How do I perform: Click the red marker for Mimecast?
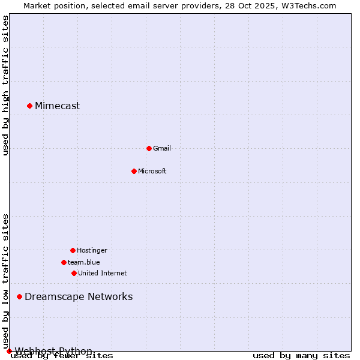click(29, 106)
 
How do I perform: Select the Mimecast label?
click(57, 106)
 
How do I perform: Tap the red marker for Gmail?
click(149, 148)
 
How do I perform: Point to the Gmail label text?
click(162, 148)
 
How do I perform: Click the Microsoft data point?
click(134, 171)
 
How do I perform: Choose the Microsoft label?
click(152, 171)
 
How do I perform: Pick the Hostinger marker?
click(73, 250)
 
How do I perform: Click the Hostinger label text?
click(92, 250)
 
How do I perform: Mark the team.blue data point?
click(64, 262)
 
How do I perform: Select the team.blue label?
click(84, 262)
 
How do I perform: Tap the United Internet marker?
click(74, 273)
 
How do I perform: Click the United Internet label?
click(102, 273)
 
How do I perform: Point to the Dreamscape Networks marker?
click(19, 296)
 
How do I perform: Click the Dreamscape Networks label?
click(79, 296)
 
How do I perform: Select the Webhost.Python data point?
click(9, 351)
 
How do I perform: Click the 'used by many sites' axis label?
click(301, 356)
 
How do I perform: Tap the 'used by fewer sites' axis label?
click(62, 356)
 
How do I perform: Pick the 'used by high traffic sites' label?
click(5, 86)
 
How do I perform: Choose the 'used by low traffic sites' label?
click(5, 281)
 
